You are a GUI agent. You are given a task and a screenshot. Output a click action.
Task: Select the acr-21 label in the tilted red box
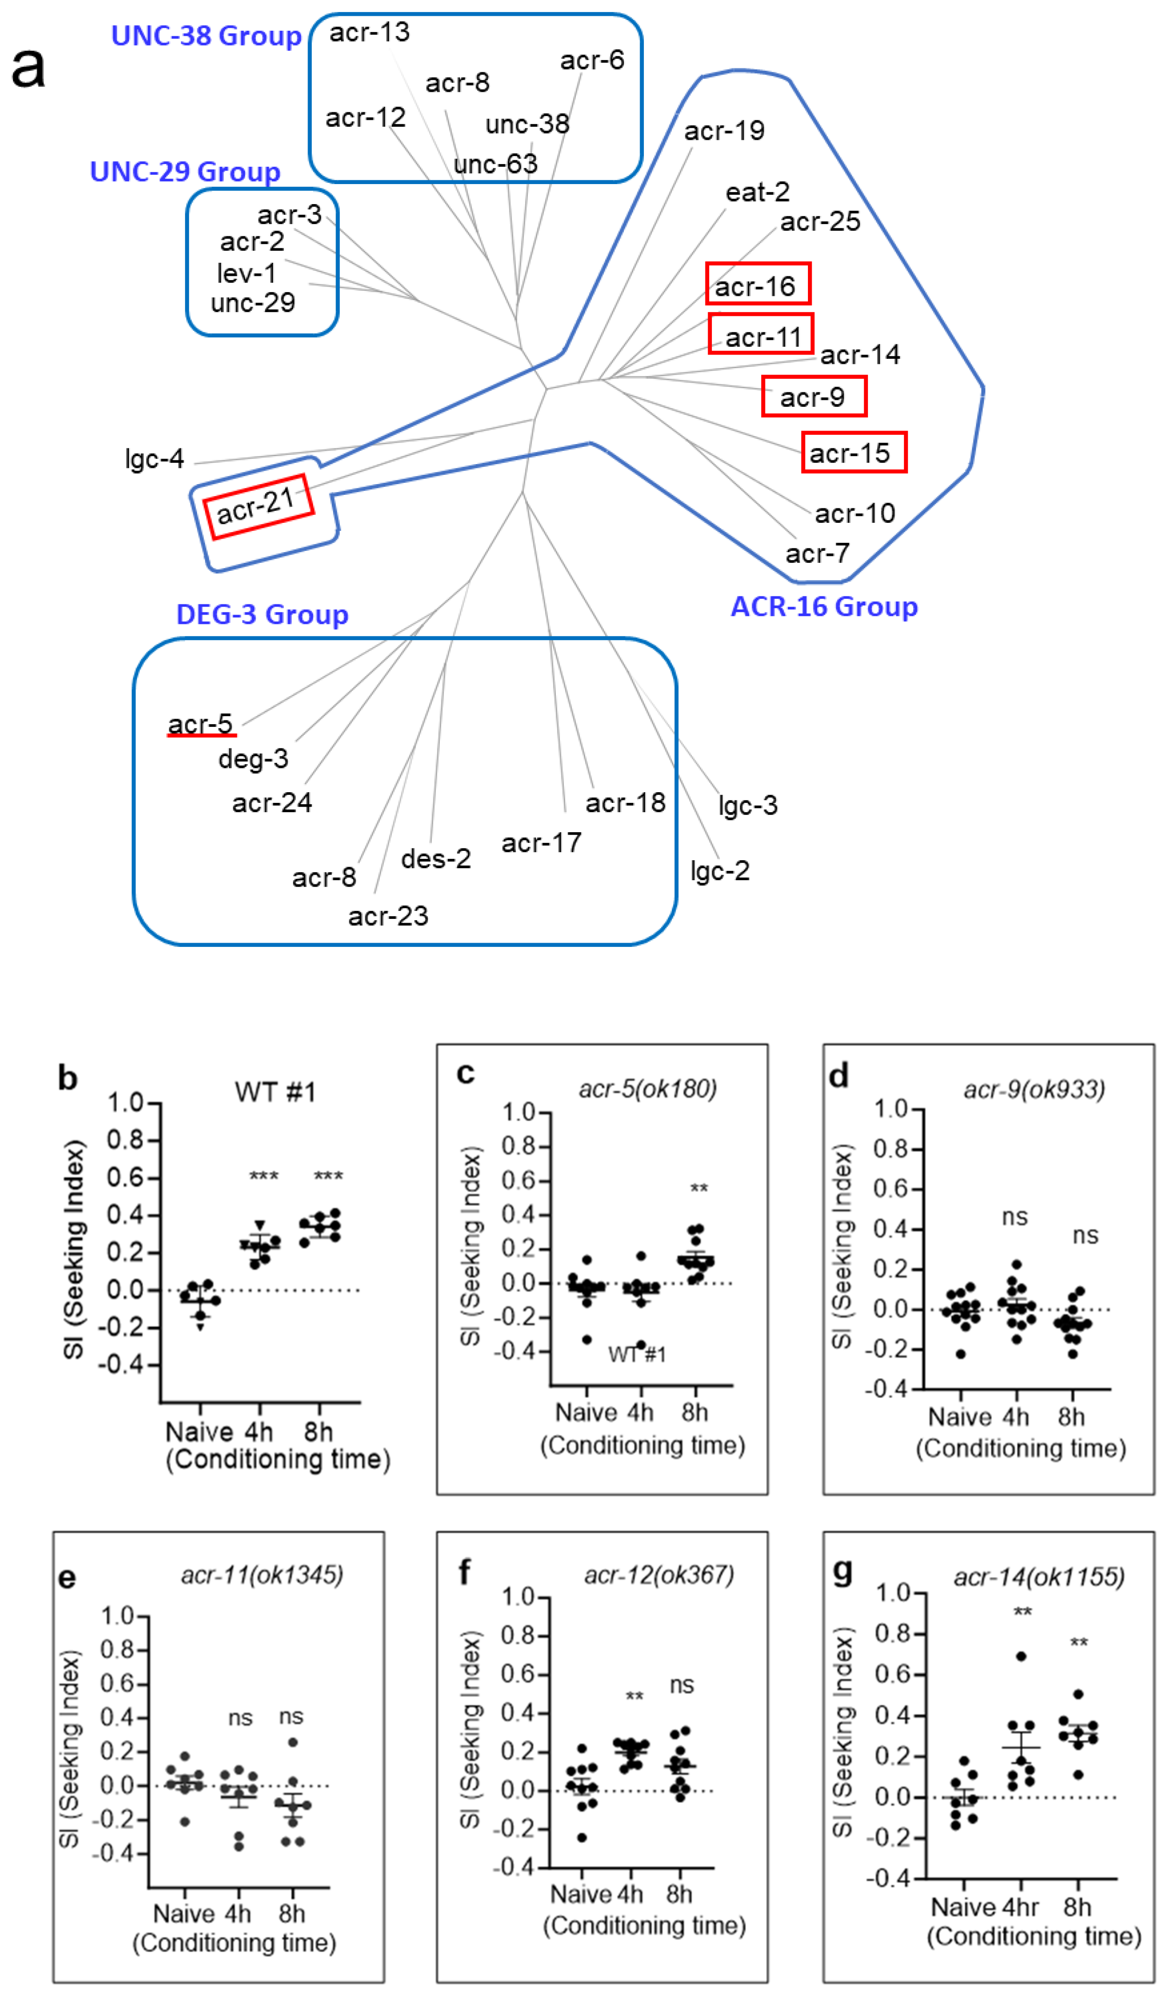[x=257, y=506]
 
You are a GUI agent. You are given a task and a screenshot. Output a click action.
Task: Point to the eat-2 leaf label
[x=757, y=192]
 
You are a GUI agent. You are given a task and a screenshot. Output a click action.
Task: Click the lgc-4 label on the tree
[x=154, y=459]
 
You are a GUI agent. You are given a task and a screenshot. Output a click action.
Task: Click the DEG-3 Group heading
[x=262, y=614]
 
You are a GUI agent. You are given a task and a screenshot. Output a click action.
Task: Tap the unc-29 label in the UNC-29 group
[x=253, y=303]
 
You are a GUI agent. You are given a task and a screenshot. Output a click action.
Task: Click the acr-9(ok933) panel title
[x=1034, y=1089]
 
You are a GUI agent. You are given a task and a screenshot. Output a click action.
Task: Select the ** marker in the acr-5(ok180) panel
[x=699, y=1189]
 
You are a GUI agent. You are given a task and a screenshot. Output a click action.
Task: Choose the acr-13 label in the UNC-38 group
[x=369, y=33]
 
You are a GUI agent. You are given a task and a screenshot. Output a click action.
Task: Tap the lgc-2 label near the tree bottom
[x=720, y=870]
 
